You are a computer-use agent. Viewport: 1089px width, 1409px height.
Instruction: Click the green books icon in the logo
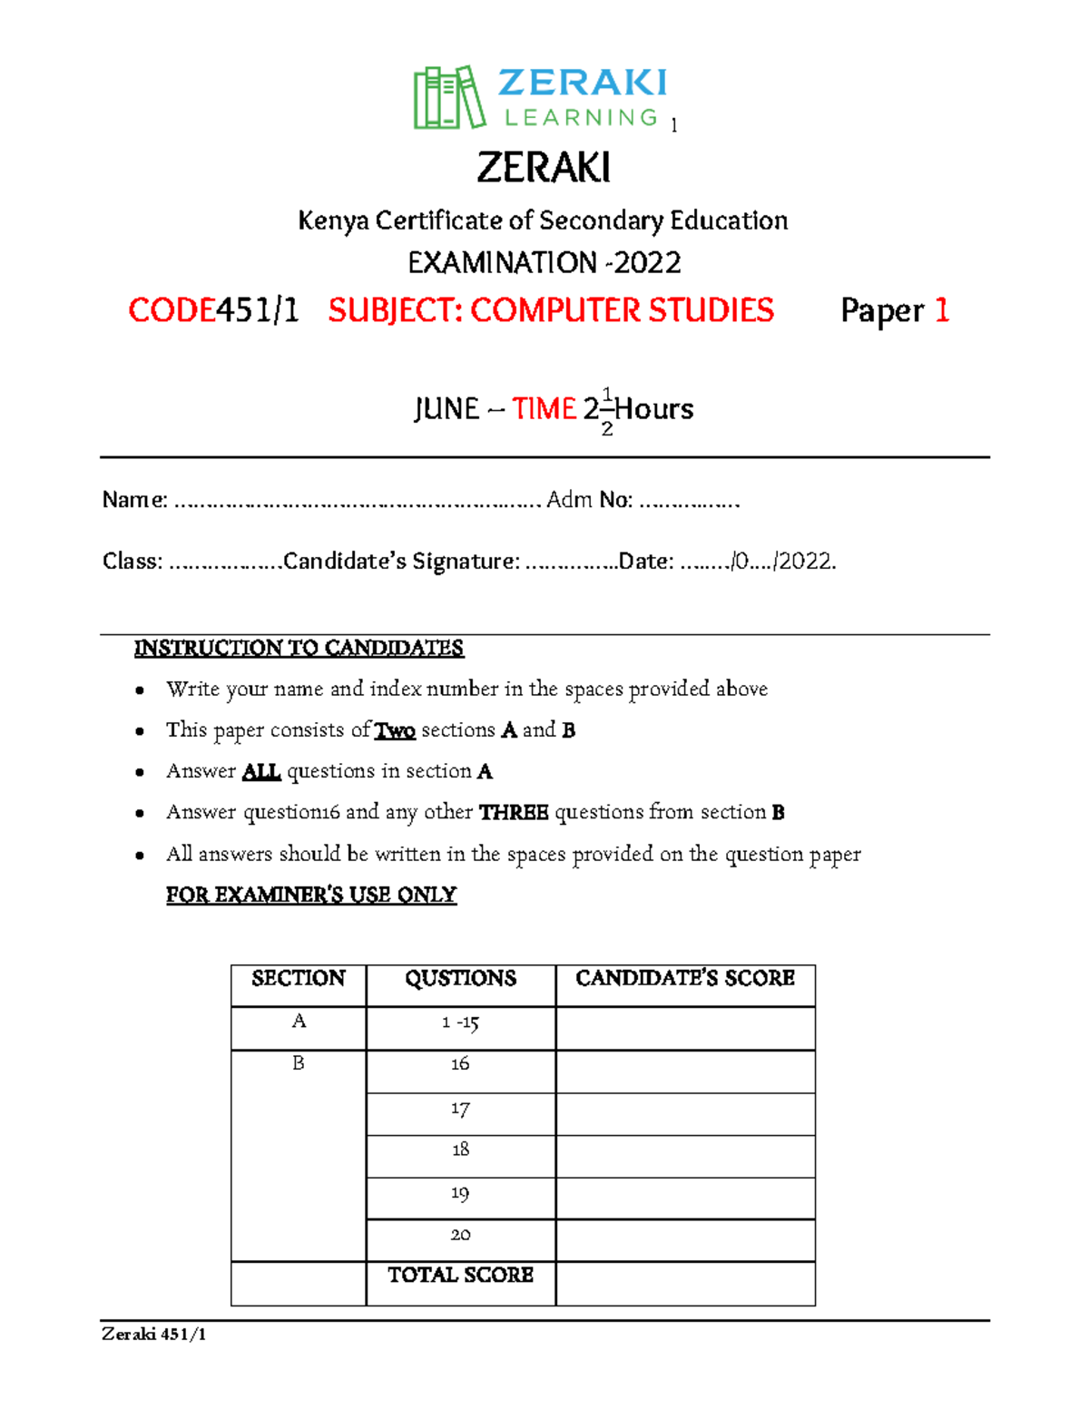448,97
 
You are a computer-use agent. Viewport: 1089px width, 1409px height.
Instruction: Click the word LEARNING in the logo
581,118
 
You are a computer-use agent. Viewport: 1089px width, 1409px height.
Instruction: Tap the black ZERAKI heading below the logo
544,168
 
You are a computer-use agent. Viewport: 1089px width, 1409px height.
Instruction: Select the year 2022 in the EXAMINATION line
647,263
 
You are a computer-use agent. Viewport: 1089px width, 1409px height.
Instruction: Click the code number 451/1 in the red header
257,311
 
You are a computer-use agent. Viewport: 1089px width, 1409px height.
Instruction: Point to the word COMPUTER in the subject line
554,311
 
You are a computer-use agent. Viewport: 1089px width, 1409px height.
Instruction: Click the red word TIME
544,409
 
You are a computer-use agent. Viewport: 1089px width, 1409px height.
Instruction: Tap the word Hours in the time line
654,409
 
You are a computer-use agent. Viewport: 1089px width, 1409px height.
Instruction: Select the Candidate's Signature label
402,562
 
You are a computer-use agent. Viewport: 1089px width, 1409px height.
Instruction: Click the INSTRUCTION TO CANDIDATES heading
299,648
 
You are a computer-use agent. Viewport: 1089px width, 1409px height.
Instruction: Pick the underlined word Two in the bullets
395,730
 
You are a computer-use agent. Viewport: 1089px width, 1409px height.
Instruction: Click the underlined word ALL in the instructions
261,772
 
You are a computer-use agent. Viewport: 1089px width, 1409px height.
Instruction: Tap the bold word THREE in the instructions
514,813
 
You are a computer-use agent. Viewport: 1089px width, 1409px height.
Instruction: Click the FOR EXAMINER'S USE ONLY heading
310,895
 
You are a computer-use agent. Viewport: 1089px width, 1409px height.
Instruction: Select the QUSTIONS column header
460,978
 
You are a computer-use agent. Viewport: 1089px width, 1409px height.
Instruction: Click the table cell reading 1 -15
460,1023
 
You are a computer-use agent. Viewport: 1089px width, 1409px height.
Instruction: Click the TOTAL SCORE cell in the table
460,1276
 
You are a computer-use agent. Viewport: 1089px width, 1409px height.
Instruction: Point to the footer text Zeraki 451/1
154,1334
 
